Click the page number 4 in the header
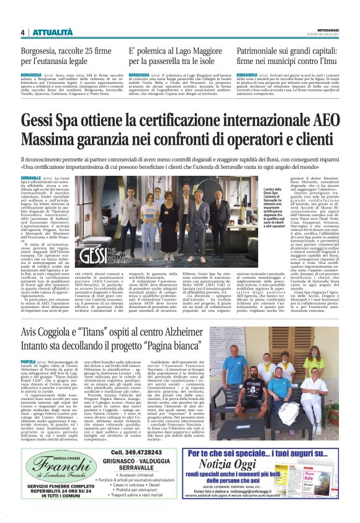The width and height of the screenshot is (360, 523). coord(22,32)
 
